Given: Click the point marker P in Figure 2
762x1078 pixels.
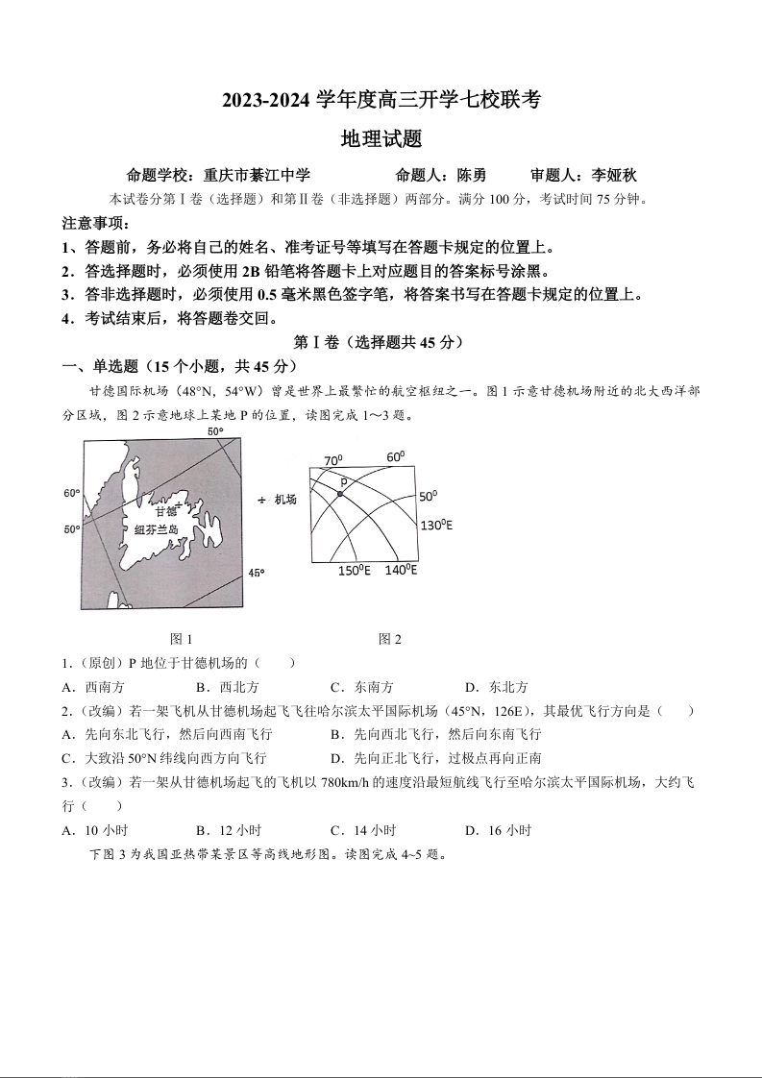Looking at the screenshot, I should pyautogui.click(x=340, y=493).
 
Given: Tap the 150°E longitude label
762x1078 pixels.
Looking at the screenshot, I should pyautogui.click(x=354, y=572).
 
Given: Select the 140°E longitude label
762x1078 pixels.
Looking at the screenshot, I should pyautogui.click(x=401, y=570).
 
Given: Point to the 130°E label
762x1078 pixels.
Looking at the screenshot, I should pyautogui.click(x=436, y=526).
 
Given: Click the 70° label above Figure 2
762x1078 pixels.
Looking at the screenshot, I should pyautogui.click(x=332, y=460).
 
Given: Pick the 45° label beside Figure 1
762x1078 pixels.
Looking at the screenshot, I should pyautogui.click(x=257, y=573).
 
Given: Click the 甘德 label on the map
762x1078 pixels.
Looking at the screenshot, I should pyautogui.click(x=164, y=511).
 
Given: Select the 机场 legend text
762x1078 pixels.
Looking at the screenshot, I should pyautogui.click(x=285, y=500).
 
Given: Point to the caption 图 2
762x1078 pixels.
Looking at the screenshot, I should pyautogui.click(x=390, y=639).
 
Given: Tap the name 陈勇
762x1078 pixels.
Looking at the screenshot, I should pyautogui.click(x=471, y=176).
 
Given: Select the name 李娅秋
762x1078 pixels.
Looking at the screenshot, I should pyautogui.click(x=615, y=176).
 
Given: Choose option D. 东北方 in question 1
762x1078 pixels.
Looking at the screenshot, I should pyautogui.click(x=496, y=687).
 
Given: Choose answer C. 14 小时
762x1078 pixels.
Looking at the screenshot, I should pyautogui.click(x=362, y=830).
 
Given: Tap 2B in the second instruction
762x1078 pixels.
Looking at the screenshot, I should pyautogui.click(x=252, y=271).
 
